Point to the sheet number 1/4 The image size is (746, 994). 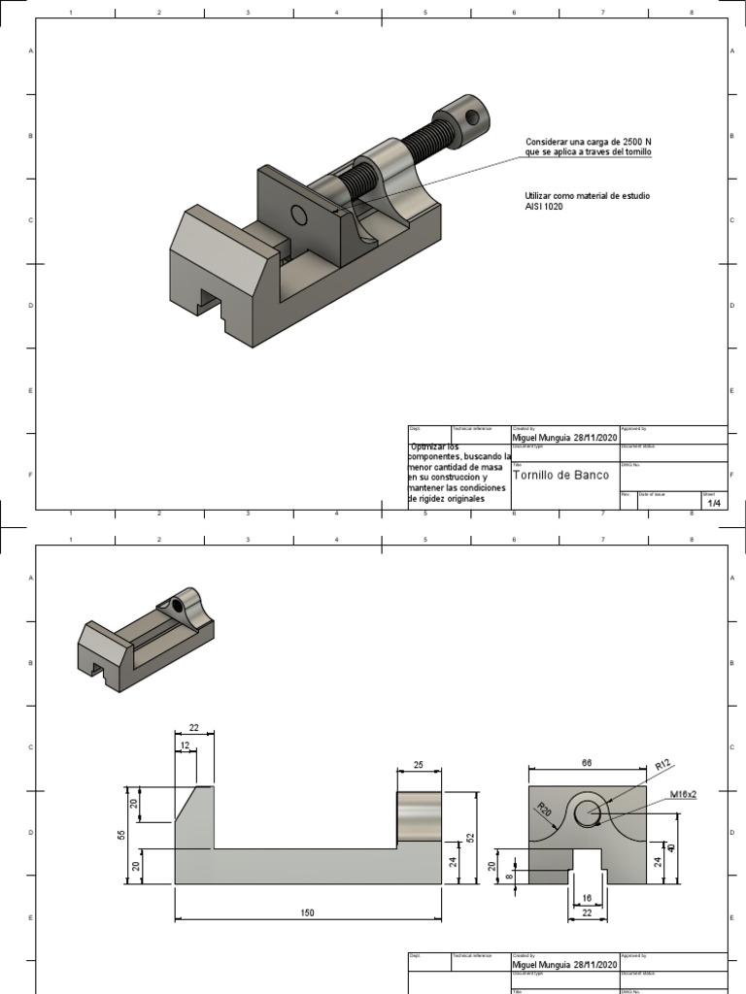(x=714, y=503)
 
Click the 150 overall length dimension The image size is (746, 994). (x=307, y=913)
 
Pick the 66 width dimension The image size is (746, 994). (x=586, y=764)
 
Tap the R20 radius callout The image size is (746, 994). (x=545, y=808)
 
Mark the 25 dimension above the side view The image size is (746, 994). (x=419, y=765)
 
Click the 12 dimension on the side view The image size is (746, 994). (x=184, y=745)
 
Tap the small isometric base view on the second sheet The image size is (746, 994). (x=146, y=641)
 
